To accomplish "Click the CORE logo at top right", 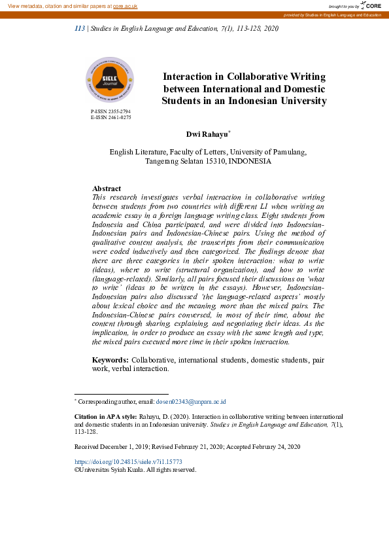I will (371, 5).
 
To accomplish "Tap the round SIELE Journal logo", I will (109, 80).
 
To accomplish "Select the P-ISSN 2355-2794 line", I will (110, 112).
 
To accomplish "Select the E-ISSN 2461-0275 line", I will (110, 118).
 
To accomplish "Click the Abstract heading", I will (107, 188).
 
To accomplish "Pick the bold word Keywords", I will (110, 360).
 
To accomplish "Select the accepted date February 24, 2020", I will (273, 446).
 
